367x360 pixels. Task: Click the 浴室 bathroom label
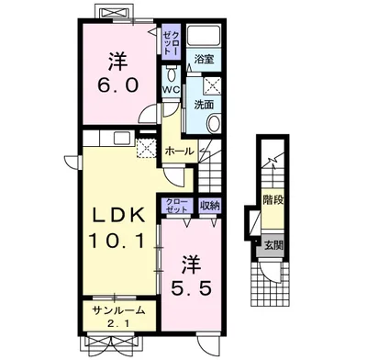(x=204, y=59)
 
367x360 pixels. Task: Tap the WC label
(x=172, y=91)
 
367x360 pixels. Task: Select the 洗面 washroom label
(x=204, y=105)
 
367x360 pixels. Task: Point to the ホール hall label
(x=180, y=151)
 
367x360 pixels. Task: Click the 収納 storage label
(x=210, y=206)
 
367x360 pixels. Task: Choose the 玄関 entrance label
(x=274, y=245)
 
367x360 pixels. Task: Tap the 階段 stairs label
(x=273, y=201)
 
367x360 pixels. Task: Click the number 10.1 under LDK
(x=117, y=240)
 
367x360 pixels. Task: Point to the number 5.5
(x=191, y=288)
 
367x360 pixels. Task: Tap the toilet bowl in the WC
(x=172, y=74)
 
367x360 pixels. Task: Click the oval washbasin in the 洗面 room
(x=214, y=123)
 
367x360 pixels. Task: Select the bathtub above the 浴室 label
(x=204, y=36)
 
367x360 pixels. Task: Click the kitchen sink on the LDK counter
(x=123, y=139)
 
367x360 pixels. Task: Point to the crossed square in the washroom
(x=212, y=84)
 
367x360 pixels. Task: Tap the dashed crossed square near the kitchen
(x=146, y=148)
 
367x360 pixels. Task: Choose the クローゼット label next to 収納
(x=177, y=206)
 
